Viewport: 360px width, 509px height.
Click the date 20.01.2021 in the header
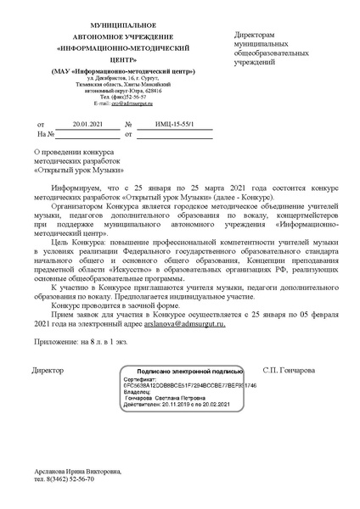(87, 124)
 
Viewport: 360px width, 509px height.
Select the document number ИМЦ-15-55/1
(174, 124)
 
